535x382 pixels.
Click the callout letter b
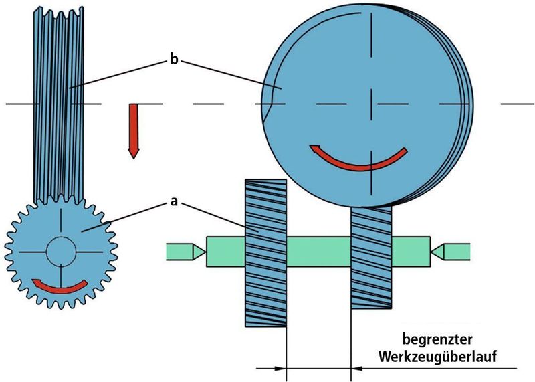pyautogui.click(x=174, y=60)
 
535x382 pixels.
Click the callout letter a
pyautogui.click(x=174, y=202)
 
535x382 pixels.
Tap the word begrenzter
pyautogui.click(x=437, y=340)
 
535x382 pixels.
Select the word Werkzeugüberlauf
pyautogui.click(x=437, y=357)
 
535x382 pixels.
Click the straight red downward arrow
pyautogui.click(x=133, y=131)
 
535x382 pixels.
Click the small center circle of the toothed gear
pyautogui.click(x=61, y=252)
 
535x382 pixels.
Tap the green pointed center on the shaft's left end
pyautogui.click(x=186, y=252)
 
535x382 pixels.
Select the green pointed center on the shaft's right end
pyautogui.click(x=451, y=252)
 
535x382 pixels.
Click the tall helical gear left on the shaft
pyautogui.click(x=265, y=253)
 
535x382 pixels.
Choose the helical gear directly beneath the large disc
pyautogui.click(x=372, y=258)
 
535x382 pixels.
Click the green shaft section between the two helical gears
pyautogui.click(x=319, y=252)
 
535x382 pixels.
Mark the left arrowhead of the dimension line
pyautogui.click(x=280, y=369)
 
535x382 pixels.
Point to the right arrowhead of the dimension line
pyautogui.click(x=357, y=369)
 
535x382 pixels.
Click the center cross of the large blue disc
pyautogui.click(x=371, y=104)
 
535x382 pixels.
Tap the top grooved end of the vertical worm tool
pyautogui.click(x=59, y=13)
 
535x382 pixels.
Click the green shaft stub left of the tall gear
pyautogui.click(x=226, y=252)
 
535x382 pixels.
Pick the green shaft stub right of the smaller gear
pyautogui.click(x=411, y=252)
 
